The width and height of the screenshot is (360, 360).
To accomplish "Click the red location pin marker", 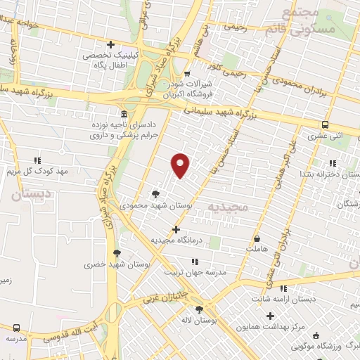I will pos(181,165).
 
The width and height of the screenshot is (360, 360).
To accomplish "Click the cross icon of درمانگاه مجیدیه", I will pos(176,229).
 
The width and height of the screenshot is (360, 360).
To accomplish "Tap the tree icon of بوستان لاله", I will pos(200,309).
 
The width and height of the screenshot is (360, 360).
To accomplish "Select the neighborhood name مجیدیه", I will pos(226,208).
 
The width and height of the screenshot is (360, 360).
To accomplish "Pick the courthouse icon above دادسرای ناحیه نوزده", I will pos(124,114).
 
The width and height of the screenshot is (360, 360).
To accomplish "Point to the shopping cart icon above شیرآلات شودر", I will pos(186,74).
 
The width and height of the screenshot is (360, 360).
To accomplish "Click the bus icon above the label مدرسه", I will pos(16,328).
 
